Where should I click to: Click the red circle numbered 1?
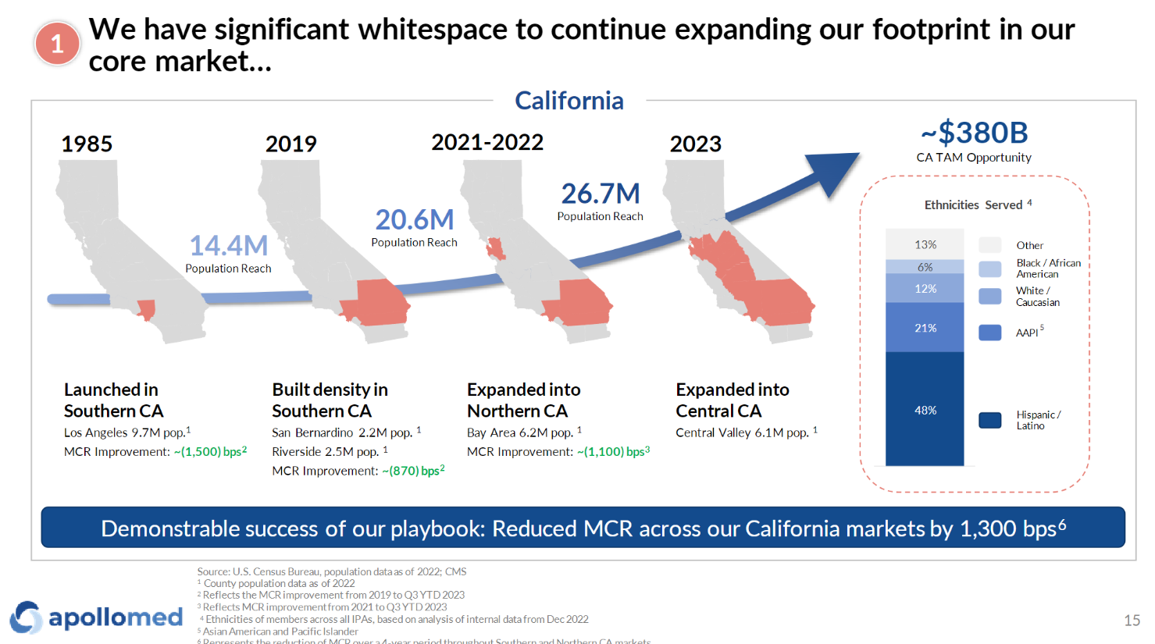pos(57,44)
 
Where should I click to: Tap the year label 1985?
pos(87,144)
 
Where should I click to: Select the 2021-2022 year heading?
pos(487,142)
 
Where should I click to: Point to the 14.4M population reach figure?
pos(228,246)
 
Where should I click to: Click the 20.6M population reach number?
pos(414,220)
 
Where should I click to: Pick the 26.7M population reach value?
pos(600,194)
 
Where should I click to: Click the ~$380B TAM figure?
pos(974,133)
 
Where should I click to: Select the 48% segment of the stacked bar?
pos(925,410)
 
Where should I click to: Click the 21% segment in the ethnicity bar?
pos(925,328)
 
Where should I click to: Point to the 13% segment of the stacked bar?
pos(925,244)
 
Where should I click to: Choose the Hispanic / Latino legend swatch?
pos(989,420)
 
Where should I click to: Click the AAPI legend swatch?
pos(989,333)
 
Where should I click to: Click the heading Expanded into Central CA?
pos(732,400)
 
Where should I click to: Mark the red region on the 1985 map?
pos(146,310)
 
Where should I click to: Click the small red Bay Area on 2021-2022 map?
pos(495,250)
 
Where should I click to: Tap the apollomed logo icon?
pos(25,617)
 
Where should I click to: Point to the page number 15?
pos(1132,621)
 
